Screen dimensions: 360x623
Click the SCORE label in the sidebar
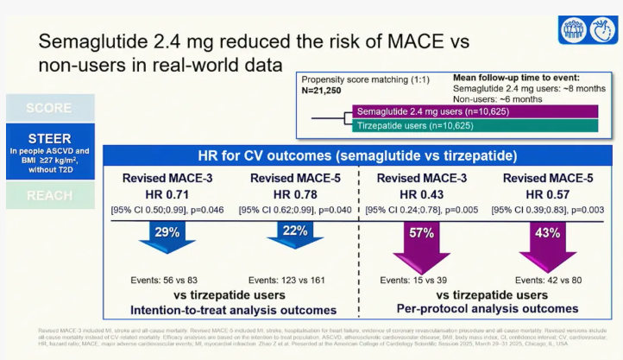pos(49,108)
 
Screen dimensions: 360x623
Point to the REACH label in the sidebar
pos(49,195)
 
